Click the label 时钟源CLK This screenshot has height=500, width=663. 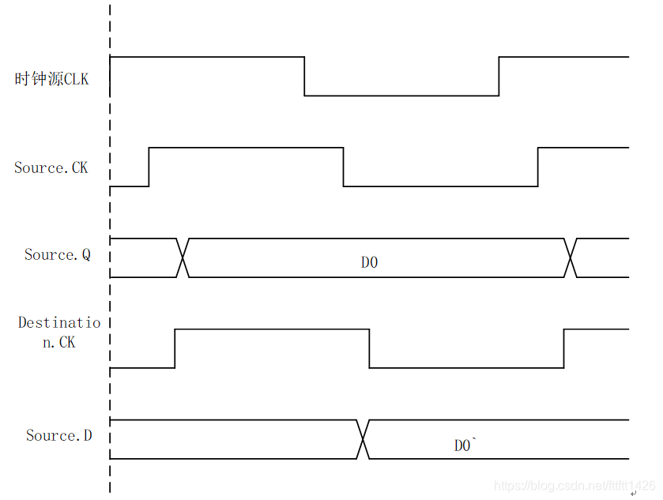tap(52, 79)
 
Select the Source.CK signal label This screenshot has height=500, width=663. tap(51, 167)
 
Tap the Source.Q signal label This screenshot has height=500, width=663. tap(58, 254)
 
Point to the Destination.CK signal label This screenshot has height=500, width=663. tap(59, 333)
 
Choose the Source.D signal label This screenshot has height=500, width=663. tap(58, 435)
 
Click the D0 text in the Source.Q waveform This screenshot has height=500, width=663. tap(370, 262)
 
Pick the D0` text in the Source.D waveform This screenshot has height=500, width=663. tap(463, 445)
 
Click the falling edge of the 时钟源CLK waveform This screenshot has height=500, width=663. tap(305, 77)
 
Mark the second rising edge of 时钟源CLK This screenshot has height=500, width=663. tap(499, 77)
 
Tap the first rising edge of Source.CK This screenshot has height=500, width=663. tap(149, 167)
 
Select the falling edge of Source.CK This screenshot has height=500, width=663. tap(343, 167)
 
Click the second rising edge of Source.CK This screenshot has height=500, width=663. tap(537, 167)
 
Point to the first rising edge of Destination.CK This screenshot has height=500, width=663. tap(175, 348)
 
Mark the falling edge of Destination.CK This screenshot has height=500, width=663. tap(369, 348)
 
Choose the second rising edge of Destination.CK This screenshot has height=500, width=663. tap(563, 348)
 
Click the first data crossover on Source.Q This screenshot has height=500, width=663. tap(183, 258)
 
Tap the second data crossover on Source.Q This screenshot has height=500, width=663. tap(570, 258)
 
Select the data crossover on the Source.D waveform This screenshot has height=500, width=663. tap(363, 439)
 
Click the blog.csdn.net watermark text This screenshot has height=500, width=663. tap(574, 486)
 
